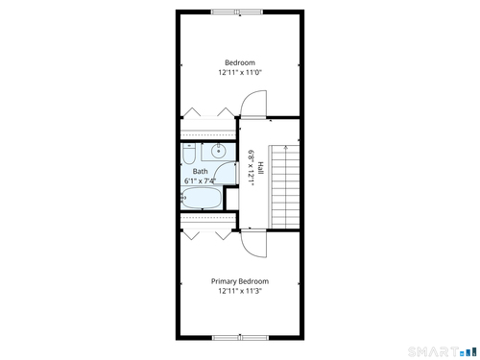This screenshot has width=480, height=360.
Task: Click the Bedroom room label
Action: click(x=240, y=62)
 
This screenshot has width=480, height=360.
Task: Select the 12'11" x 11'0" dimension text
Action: click(x=240, y=72)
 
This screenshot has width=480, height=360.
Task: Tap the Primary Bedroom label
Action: click(x=240, y=281)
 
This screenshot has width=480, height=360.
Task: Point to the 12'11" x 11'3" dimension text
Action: click(x=240, y=291)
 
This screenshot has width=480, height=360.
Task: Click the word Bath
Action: click(x=200, y=171)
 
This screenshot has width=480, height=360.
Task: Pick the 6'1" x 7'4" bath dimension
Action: click(x=200, y=181)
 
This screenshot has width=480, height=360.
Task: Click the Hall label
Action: click(x=261, y=168)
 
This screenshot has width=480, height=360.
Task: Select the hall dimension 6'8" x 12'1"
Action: click(x=252, y=168)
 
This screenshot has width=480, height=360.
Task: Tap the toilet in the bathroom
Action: click(x=189, y=154)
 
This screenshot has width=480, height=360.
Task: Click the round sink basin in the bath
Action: click(x=219, y=151)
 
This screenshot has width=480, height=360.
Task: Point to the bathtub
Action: click(x=202, y=198)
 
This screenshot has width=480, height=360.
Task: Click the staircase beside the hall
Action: click(x=284, y=187)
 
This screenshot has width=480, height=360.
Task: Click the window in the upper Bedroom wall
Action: click(x=237, y=12)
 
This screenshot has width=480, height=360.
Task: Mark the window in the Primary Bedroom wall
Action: click(x=241, y=338)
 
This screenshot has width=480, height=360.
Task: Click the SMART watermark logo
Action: click(x=442, y=351)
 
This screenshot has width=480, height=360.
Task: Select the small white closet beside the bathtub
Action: click(x=232, y=199)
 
